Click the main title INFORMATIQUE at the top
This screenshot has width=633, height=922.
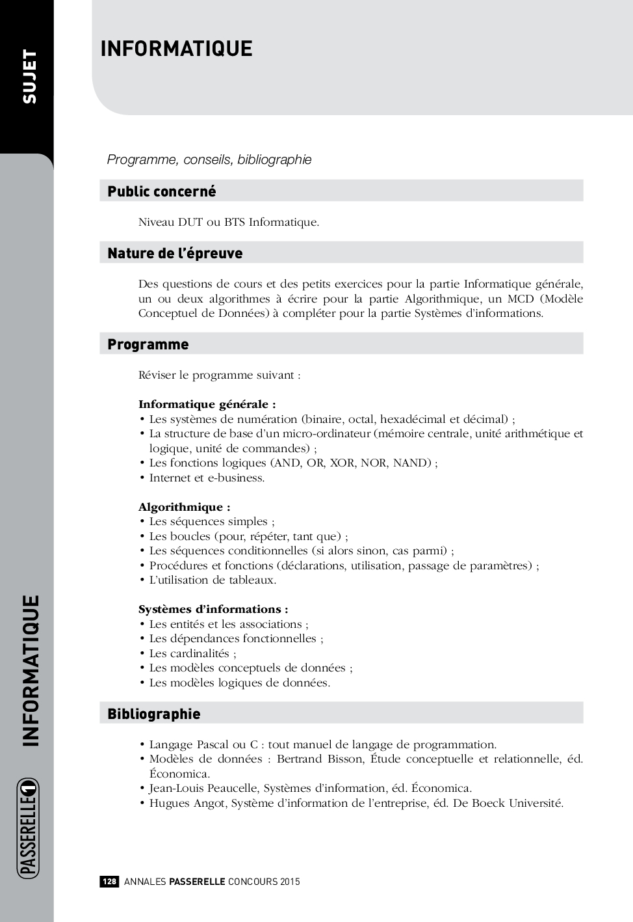[176, 49]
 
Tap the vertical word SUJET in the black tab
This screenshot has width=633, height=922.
[30, 76]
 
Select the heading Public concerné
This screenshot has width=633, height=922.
[161, 191]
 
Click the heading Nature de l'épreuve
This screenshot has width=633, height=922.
[175, 253]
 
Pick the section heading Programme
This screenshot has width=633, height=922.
[148, 344]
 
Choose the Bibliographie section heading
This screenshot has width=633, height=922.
[153, 714]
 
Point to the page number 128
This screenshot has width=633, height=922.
[109, 882]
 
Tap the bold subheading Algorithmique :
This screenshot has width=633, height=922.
[184, 507]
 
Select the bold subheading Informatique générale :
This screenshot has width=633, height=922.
[207, 404]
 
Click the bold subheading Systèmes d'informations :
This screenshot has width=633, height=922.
[213, 609]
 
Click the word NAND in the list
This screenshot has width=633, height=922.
[412, 463]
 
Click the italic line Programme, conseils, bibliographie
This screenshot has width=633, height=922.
[209, 159]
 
